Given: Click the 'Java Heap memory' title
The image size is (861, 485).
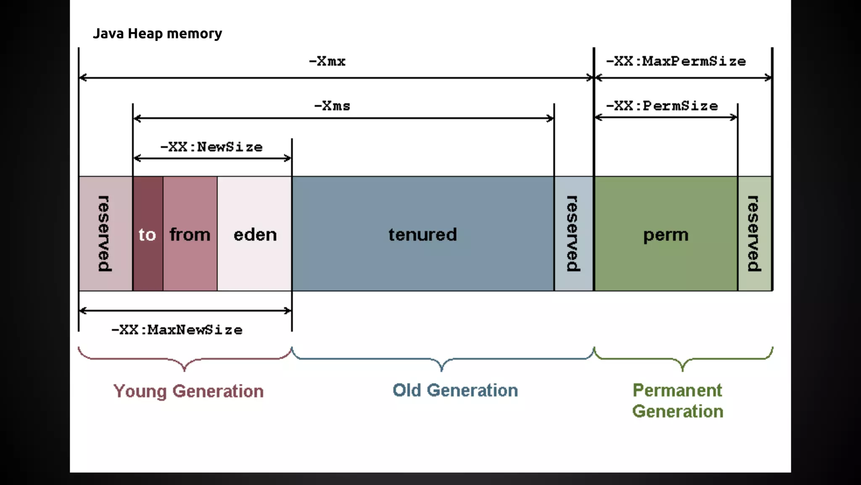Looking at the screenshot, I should pyautogui.click(x=157, y=34).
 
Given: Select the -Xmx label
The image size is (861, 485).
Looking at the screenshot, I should pyautogui.click(x=327, y=61).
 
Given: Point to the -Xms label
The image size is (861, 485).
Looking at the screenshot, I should pyautogui.click(x=332, y=106).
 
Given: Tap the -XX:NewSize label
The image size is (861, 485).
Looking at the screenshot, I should pyautogui.click(x=211, y=147).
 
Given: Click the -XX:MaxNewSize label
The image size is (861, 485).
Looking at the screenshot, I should pyautogui.click(x=177, y=330).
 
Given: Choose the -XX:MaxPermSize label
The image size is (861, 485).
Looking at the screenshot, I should pyautogui.click(x=676, y=61).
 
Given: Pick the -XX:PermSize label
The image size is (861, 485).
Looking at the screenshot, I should pyautogui.click(x=662, y=106).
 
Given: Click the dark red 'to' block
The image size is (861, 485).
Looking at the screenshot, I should pyautogui.click(x=148, y=234).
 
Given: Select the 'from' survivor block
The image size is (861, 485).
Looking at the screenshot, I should pyautogui.click(x=190, y=234).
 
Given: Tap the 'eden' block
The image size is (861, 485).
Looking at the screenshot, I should pyautogui.click(x=255, y=234).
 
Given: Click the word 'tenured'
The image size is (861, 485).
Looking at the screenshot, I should pyautogui.click(x=423, y=235).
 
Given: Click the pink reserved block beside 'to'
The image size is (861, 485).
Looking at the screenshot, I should pyautogui.click(x=105, y=234).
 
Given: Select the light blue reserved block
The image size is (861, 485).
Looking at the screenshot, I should pyautogui.click(x=573, y=234).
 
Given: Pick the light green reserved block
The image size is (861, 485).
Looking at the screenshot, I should pyautogui.click(x=755, y=234).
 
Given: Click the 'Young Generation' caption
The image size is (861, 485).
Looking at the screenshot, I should pyautogui.click(x=188, y=391).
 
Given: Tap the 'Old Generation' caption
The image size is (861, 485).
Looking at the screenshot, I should pyautogui.click(x=455, y=390).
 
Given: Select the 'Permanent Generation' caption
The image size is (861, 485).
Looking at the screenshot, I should pyautogui.click(x=678, y=401).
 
